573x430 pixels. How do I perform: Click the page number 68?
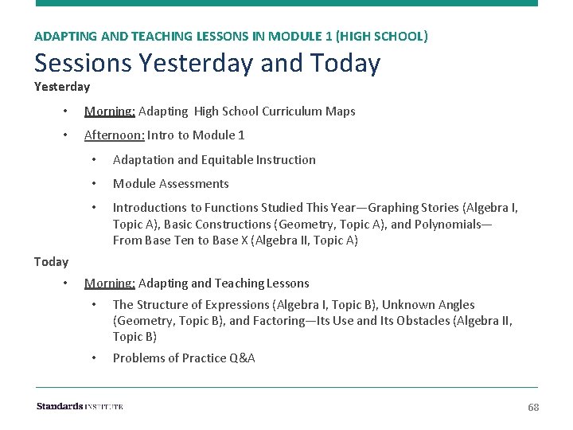coord(533,407)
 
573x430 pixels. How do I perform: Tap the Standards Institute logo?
coord(80,406)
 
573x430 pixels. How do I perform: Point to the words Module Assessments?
coord(170,183)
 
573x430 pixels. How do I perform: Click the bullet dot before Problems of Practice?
coord(94,358)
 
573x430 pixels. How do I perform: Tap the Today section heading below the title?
coord(51,261)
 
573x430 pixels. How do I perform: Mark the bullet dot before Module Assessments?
coord(94,183)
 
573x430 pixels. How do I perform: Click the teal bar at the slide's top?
coord(286,3)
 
